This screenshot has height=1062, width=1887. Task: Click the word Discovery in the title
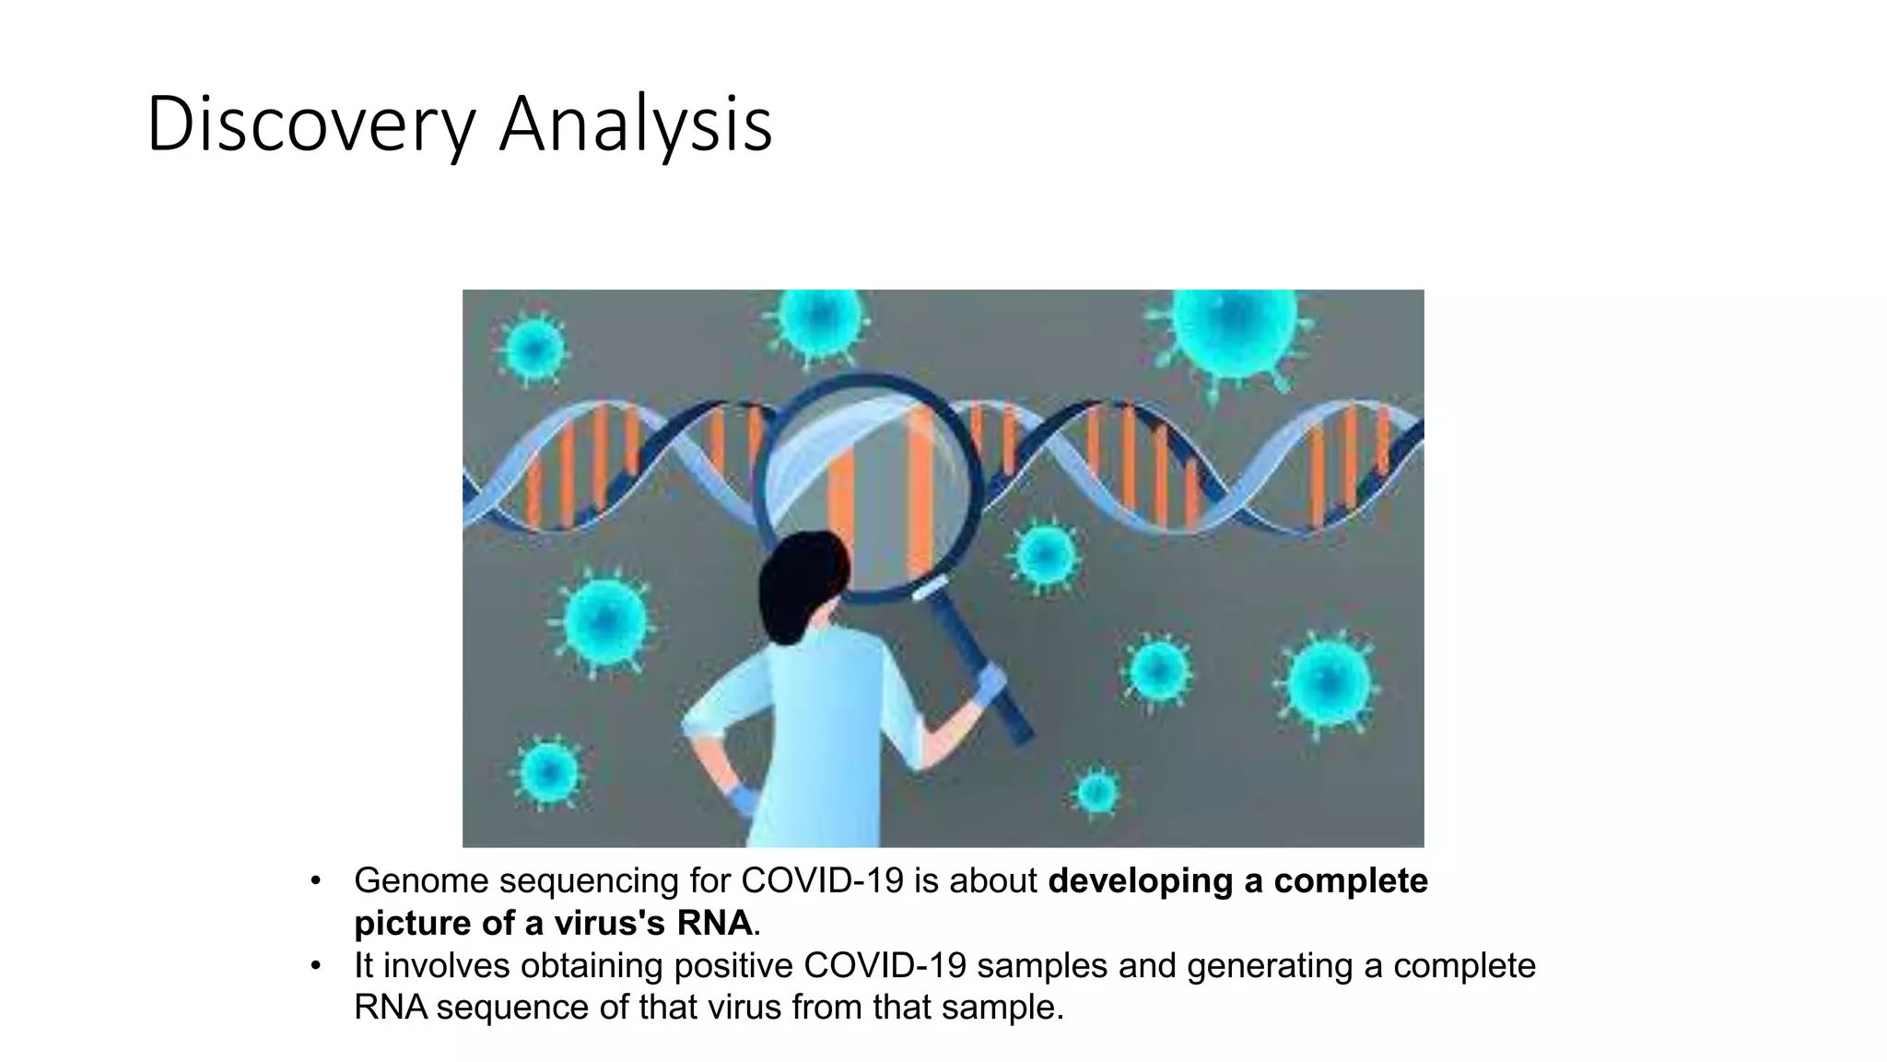(x=310, y=124)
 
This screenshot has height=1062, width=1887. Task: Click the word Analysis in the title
(x=635, y=124)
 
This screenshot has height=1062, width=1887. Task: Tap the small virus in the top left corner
(x=533, y=349)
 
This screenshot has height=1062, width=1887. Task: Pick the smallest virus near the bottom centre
(x=1096, y=791)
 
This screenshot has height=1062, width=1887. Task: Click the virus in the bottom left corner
(x=548, y=773)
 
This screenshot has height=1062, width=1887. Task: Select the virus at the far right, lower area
(x=1328, y=683)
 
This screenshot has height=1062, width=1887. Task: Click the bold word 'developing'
(x=1141, y=881)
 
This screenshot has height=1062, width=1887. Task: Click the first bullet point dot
(x=316, y=880)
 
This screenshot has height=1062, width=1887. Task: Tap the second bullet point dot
(x=316, y=965)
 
